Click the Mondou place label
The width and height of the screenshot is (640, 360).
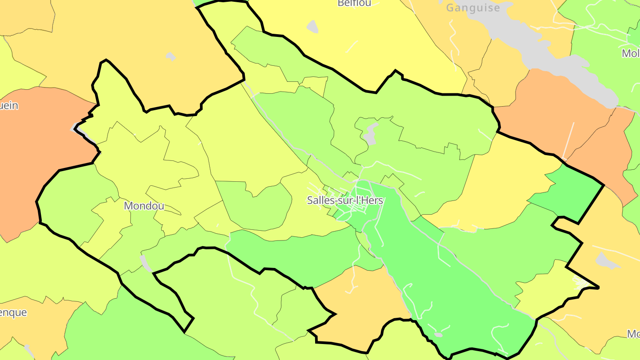click(144, 206)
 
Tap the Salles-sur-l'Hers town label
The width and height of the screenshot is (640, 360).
click(345, 200)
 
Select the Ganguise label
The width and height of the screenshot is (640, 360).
click(473, 8)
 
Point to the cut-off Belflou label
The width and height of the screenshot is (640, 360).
click(354, 4)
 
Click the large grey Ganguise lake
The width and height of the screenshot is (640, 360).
click(547, 53)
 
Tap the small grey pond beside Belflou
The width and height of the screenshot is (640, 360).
click(313, 27)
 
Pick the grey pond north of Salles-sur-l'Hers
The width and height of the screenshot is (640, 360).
click(370, 134)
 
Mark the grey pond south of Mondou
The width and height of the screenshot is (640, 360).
click(145, 263)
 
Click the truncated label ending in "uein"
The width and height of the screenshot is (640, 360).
click(9, 106)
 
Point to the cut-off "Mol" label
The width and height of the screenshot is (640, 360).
click(631, 54)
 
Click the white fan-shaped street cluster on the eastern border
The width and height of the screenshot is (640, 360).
click(580, 282)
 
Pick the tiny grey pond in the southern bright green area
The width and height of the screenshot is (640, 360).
click(438, 335)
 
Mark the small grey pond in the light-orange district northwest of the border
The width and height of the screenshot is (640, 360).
click(170, 56)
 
